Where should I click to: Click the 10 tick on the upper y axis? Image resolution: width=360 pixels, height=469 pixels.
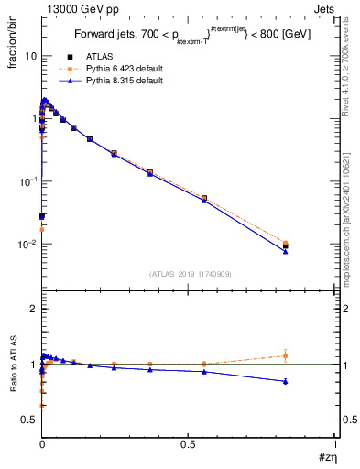coord(30,56)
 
